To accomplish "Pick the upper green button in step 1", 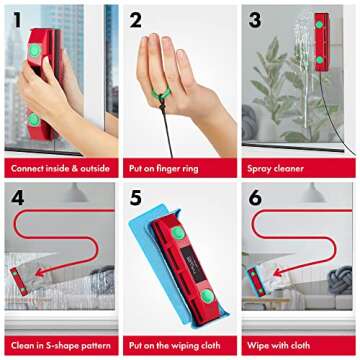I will point(36,44).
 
